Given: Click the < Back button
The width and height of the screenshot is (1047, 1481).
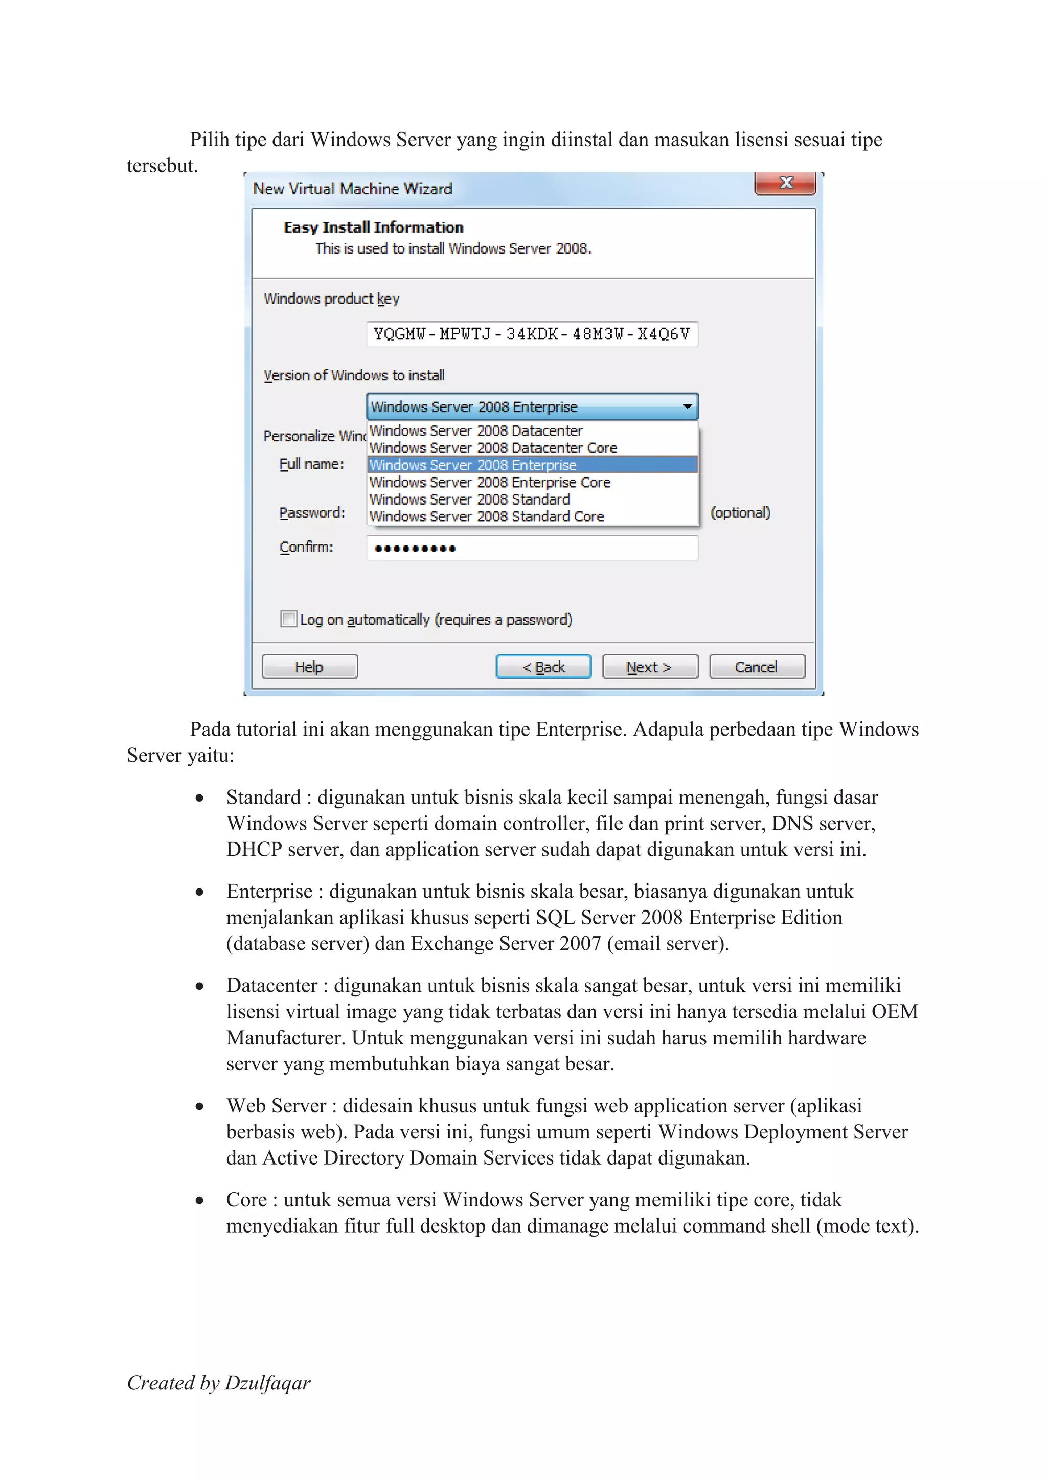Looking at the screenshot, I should point(543,666).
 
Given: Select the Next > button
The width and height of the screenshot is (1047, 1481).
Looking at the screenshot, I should point(650,666).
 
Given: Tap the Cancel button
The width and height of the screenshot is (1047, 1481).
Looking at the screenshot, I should point(757,666).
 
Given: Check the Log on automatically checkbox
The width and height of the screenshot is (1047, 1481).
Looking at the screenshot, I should point(288,619).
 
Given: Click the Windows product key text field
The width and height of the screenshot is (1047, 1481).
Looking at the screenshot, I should point(532,333).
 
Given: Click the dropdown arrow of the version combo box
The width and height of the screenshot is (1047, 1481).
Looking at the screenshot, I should point(687,406).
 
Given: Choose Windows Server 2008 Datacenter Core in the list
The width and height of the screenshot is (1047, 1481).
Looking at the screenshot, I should point(493,448).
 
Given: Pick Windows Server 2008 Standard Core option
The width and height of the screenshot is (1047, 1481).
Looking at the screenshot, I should point(486,517).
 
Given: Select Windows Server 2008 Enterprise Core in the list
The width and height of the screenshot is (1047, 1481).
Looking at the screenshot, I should point(490,483).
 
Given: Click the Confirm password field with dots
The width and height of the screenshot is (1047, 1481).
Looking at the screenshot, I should point(532,548).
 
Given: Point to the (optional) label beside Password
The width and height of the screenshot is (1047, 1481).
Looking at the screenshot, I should point(740,513).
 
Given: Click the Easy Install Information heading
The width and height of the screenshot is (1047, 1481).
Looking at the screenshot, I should point(373,227).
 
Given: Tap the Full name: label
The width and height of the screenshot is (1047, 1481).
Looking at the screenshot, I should point(311,464).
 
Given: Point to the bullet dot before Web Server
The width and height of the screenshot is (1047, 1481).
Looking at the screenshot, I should point(199,1106).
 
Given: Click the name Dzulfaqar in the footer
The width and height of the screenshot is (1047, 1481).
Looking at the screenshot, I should point(267,1382).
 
